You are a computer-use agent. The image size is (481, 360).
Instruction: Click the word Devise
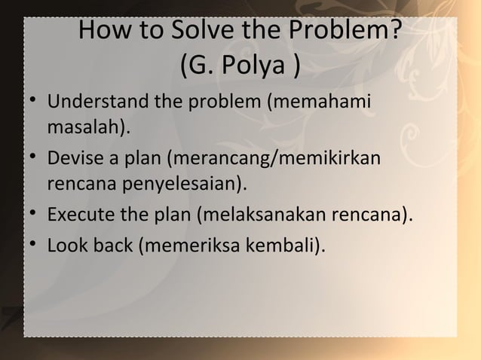tap(75, 160)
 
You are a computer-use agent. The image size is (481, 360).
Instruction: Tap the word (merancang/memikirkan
tap(274, 160)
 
